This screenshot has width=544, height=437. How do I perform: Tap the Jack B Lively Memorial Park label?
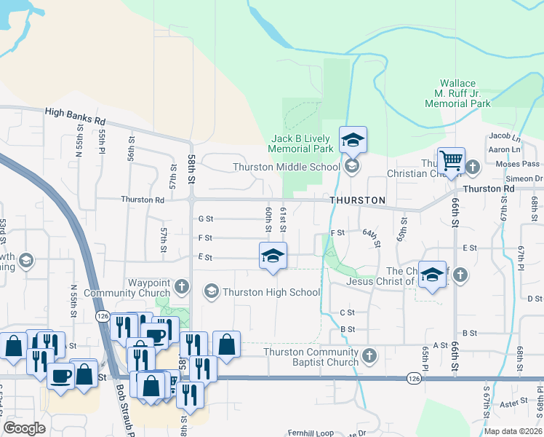pos(300,143)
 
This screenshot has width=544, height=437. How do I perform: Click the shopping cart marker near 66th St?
pos(451,160)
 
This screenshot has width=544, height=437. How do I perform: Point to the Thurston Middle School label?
pos(287,167)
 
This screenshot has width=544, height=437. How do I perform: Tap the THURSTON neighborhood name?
pos(356,200)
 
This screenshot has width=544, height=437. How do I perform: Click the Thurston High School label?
pos(271,292)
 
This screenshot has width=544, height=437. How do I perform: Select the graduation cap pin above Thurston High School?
pos(273,256)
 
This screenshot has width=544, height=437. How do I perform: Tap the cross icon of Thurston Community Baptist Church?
pos(369,355)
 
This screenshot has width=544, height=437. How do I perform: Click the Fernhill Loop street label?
pos(310,433)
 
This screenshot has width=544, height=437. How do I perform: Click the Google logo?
pos(25,428)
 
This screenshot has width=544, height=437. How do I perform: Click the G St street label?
pos(206,218)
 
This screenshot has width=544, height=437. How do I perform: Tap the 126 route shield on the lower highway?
pos(414,379)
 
